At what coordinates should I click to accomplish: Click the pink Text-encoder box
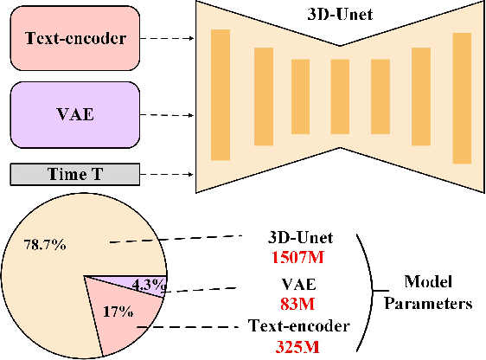point(74,39)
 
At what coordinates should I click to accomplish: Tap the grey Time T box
point(74,174)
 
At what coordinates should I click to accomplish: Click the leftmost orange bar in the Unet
point(221,94)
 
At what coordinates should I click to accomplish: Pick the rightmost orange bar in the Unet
point(462,97)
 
